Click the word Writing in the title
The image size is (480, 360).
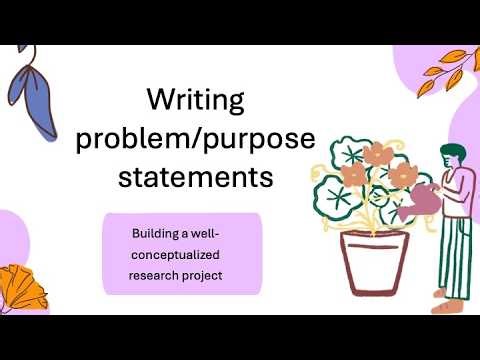coord(195,100)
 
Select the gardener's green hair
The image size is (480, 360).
coord(451,151)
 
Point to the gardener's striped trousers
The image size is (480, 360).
coord(455,260)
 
